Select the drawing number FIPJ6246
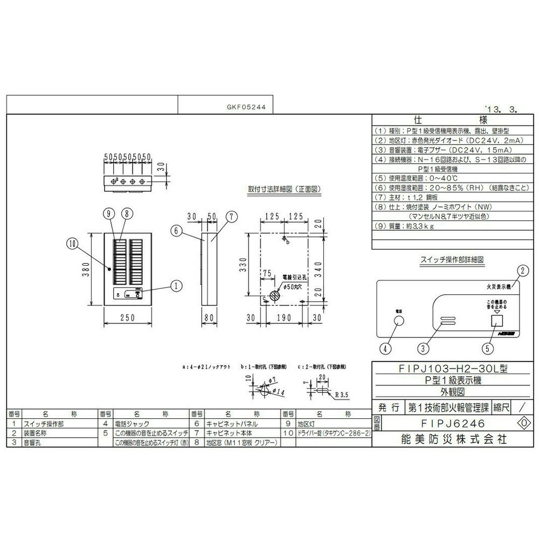tap(446, 424)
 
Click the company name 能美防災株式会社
tap(447, 439)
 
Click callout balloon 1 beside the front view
tap(174, 286)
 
